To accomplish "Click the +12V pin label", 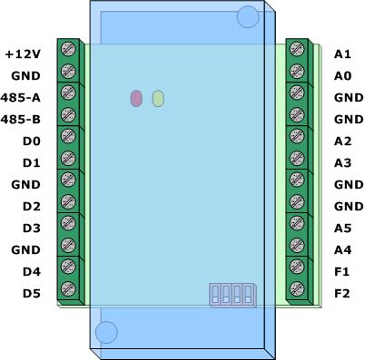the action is tap(23, 54).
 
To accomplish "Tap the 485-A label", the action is tap(20, 98).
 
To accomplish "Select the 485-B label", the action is tap(20, 120).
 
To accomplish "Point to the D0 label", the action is tap(32, 141).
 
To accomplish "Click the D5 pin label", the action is tap(32, 294).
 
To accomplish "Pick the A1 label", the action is tap(342, 54).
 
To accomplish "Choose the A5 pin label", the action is tap(342, 229).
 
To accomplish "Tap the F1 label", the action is tap(341, 272).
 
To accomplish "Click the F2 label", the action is tap(342, 294).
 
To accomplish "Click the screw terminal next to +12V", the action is tap(68, 49).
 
